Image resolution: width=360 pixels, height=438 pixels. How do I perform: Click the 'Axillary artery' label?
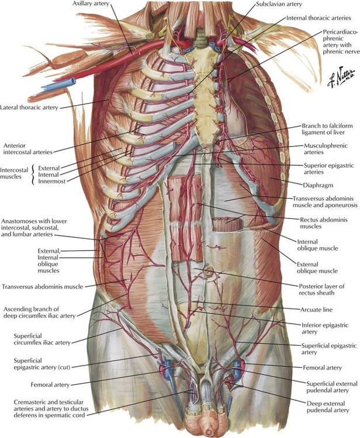pyautogui.click(x=91, y=4)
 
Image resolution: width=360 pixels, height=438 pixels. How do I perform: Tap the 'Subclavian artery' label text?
pyautogui.click(x=279, y=4)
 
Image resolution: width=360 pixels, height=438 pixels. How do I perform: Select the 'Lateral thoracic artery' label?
pyautogui.click(x=29, y=107)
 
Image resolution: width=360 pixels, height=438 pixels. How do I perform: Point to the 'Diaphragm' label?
pyautogui.click(x=318, y=185)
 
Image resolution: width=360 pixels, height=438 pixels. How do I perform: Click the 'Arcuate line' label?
pyautogui.click(x=316, y=310)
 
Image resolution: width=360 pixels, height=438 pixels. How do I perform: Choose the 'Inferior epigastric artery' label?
pyautogui.click(x=325, y=328)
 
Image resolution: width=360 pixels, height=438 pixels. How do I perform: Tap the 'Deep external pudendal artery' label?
pyautogui.click(x=328, y=407)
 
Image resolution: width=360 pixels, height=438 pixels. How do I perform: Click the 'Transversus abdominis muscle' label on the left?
pyautogui.click(x=42, y=287)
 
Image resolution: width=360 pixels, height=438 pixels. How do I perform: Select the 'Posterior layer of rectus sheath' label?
pyautogui.click(x=321, y=290)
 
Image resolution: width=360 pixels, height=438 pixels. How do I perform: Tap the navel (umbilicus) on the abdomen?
pyautogui.click(x=209, y=270)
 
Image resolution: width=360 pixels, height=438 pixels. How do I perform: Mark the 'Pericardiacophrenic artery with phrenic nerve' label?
pyautogui.click(x=341, y=41)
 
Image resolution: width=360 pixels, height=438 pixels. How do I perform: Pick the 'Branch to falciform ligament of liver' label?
pyautogui.click(x=327, y=129)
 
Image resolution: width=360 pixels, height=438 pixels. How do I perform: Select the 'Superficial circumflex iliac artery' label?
pyautogui.click(x=42, y=339)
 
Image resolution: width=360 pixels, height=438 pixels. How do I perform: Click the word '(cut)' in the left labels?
pyautogui.click(x=64, y=367)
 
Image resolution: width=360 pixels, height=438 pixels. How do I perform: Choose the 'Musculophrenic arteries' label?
pyautogui.click(x=326, y=149)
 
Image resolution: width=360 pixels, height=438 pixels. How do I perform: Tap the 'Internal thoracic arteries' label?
pyautogui.click(x=319, y=18)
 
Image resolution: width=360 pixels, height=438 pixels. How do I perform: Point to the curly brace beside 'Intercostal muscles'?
pyautogui.click(x=33, y=175)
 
